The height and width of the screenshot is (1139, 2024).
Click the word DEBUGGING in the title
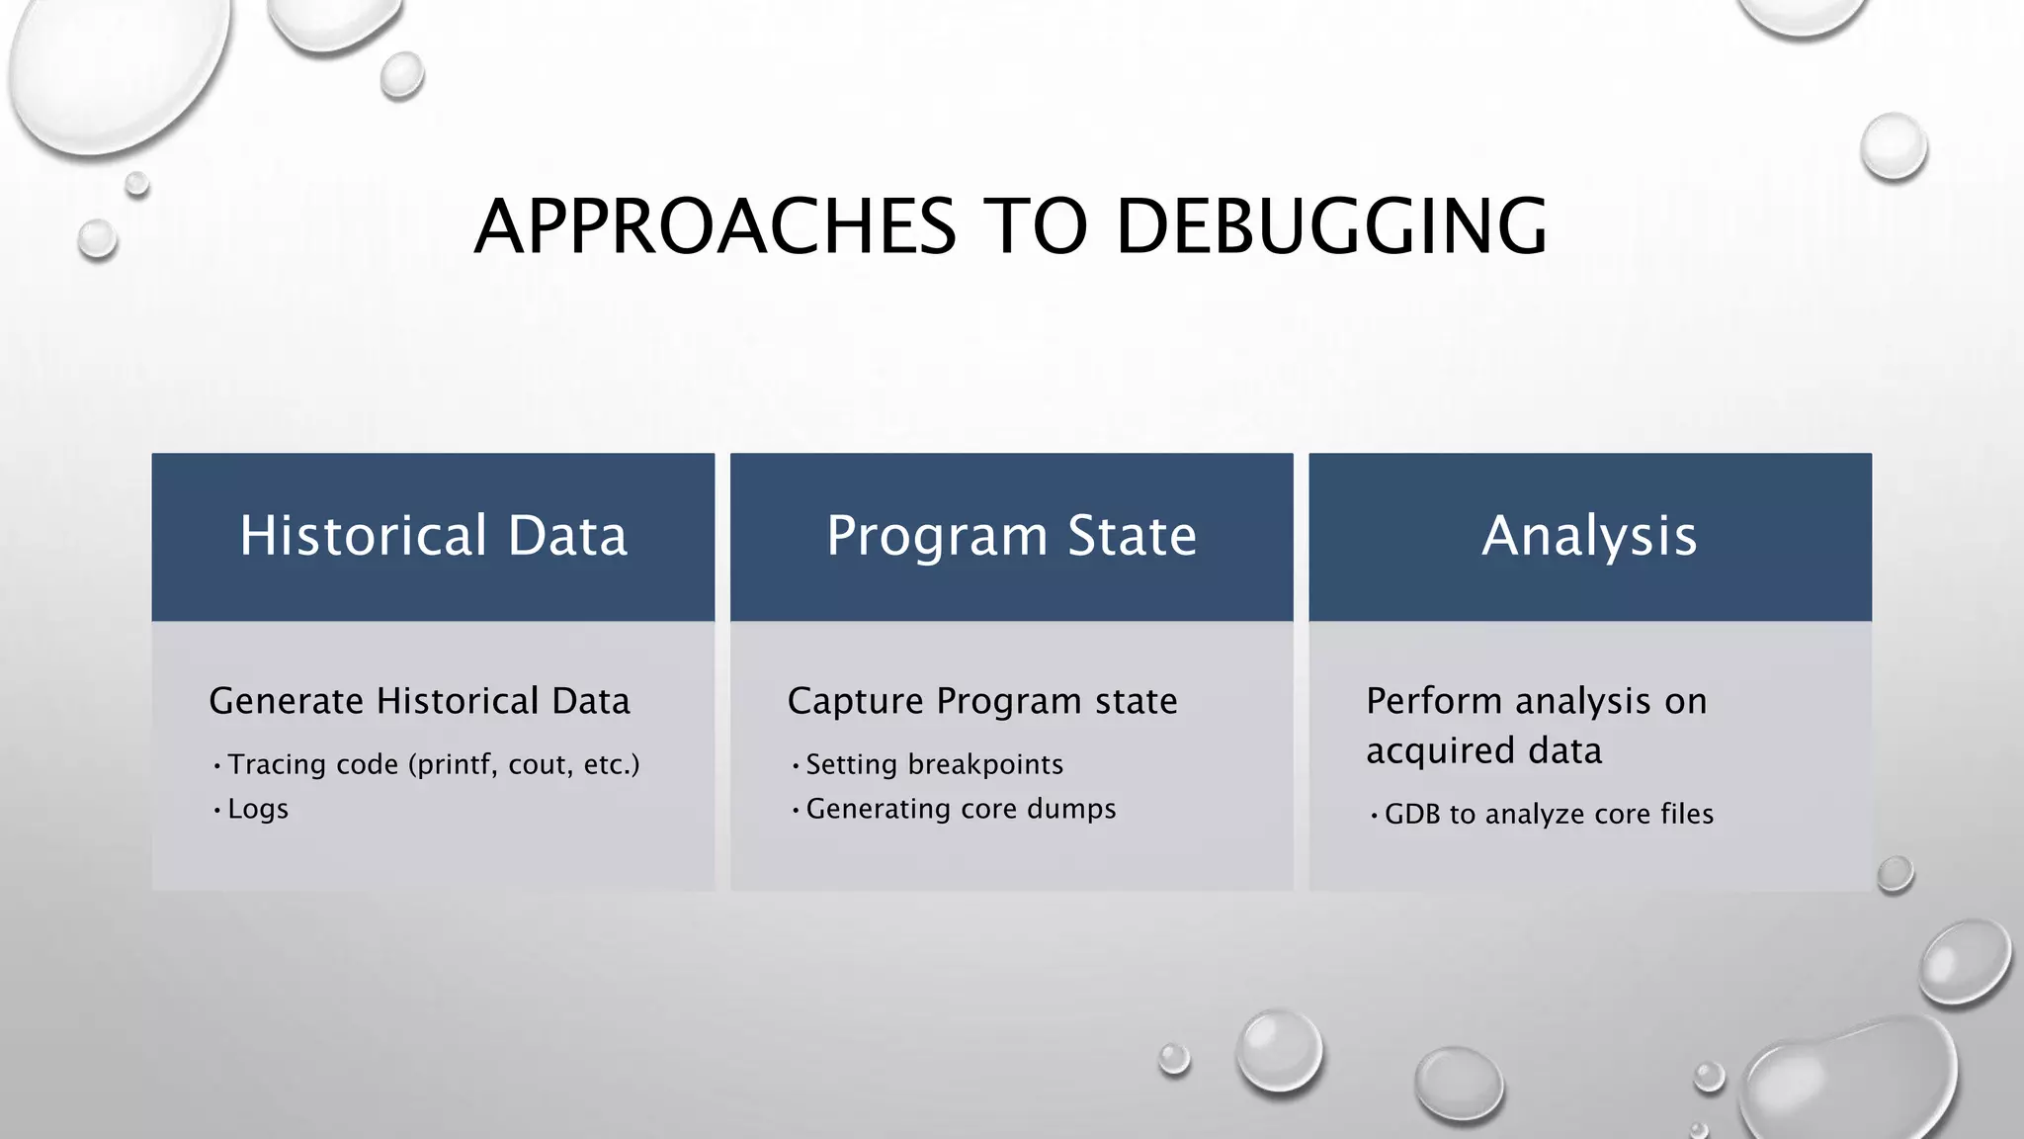pyautogui.click(x=1330, y=226)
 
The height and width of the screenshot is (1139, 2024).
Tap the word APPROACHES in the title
pyautogui.click(x=715, y=226)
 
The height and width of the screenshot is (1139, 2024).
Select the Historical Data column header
pyautogui.click(x=433, y=536)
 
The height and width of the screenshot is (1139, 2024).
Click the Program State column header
pyautogui.click(x=1011, y=536)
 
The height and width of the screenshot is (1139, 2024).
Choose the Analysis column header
pyautogui.click(x=1589, y=536)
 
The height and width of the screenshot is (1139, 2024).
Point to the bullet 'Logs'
pyautogui.click(x=258, y=809)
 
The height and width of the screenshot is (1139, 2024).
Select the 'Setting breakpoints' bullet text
pyautogui.click(x=934, y=764)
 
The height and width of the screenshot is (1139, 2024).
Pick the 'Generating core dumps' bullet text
pyautogui.click(x=961, y=809)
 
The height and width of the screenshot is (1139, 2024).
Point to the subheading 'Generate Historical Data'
pyautogui.click(x=419, y=701)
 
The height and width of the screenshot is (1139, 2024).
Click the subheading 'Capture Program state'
pyautogui.click(x=982, y=701)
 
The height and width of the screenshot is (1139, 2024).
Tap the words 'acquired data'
pyautogui.click(x=1483, y=750)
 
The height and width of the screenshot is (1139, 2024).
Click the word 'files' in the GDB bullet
pyautogui.click(x=1687, y=814)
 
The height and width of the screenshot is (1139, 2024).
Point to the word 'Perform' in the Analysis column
pyautogui.click(x=1434, y=701)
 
